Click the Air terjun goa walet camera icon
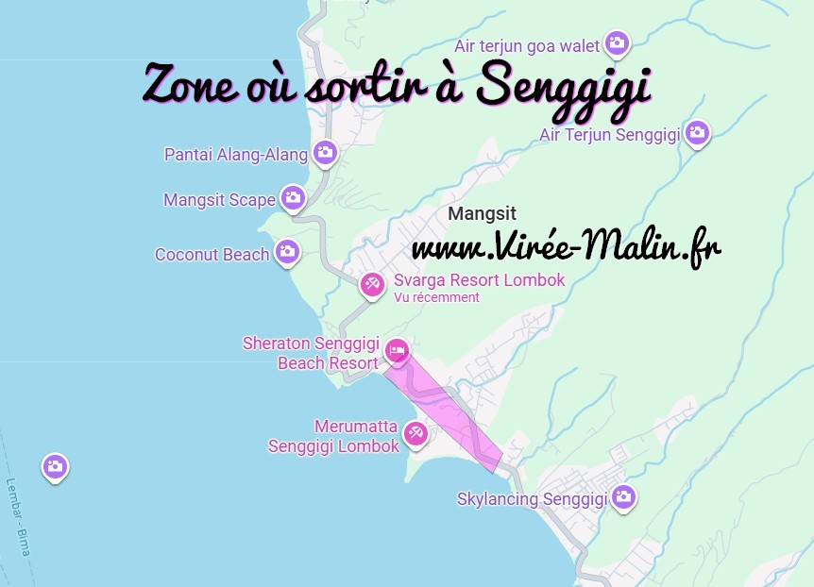coord(618,42)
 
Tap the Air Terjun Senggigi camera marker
coord(698,132)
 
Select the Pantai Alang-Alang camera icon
coord(326,151)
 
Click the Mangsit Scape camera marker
coord(293,196)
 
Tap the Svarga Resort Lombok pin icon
coord(373,282)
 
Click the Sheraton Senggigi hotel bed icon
coord(397,350)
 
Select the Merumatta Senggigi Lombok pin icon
coord(415,433)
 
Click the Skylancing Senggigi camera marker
coord(623,495)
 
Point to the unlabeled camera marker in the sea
coord(55,465)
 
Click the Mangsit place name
coord(483,214)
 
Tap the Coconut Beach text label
coord(212,254)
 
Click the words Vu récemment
coord(436,297)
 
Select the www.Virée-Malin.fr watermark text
coord(566,249)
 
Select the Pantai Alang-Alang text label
coord(236,154)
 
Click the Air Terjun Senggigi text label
coord(610,134)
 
